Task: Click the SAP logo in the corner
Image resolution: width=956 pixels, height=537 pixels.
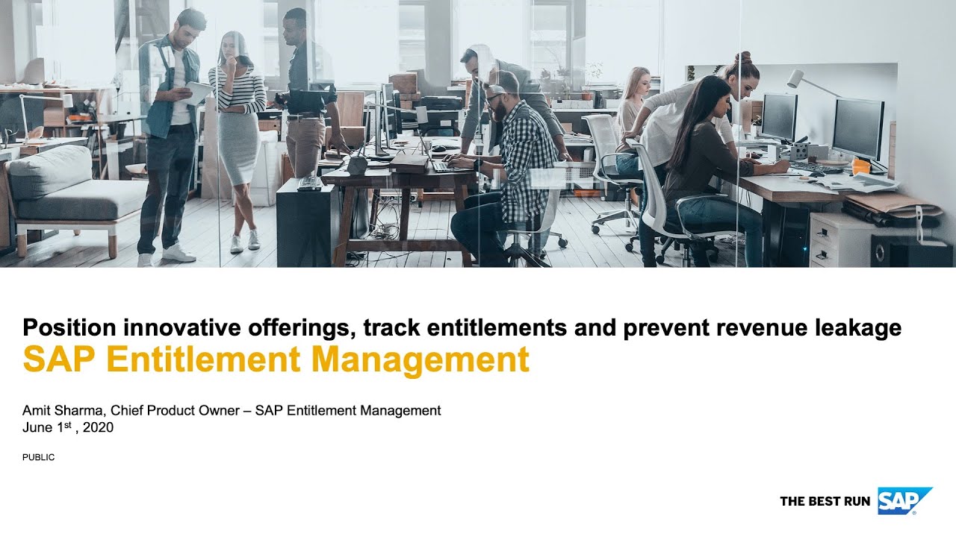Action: [x=904, y=500]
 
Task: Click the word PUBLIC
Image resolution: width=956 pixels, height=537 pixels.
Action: [x=38, y=457]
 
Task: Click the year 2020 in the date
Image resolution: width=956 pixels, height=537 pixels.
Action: [x=99, y=427]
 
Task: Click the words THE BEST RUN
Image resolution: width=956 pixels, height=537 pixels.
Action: [x=825, y=501]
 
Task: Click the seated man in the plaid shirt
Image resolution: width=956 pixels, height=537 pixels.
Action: [x=515, y=157]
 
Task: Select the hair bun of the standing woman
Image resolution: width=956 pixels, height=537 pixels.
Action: [x=742, y=57]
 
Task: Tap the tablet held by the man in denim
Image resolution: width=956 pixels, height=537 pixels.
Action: [x=198, y=92]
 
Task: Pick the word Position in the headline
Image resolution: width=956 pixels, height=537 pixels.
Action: [x=69, y=327]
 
